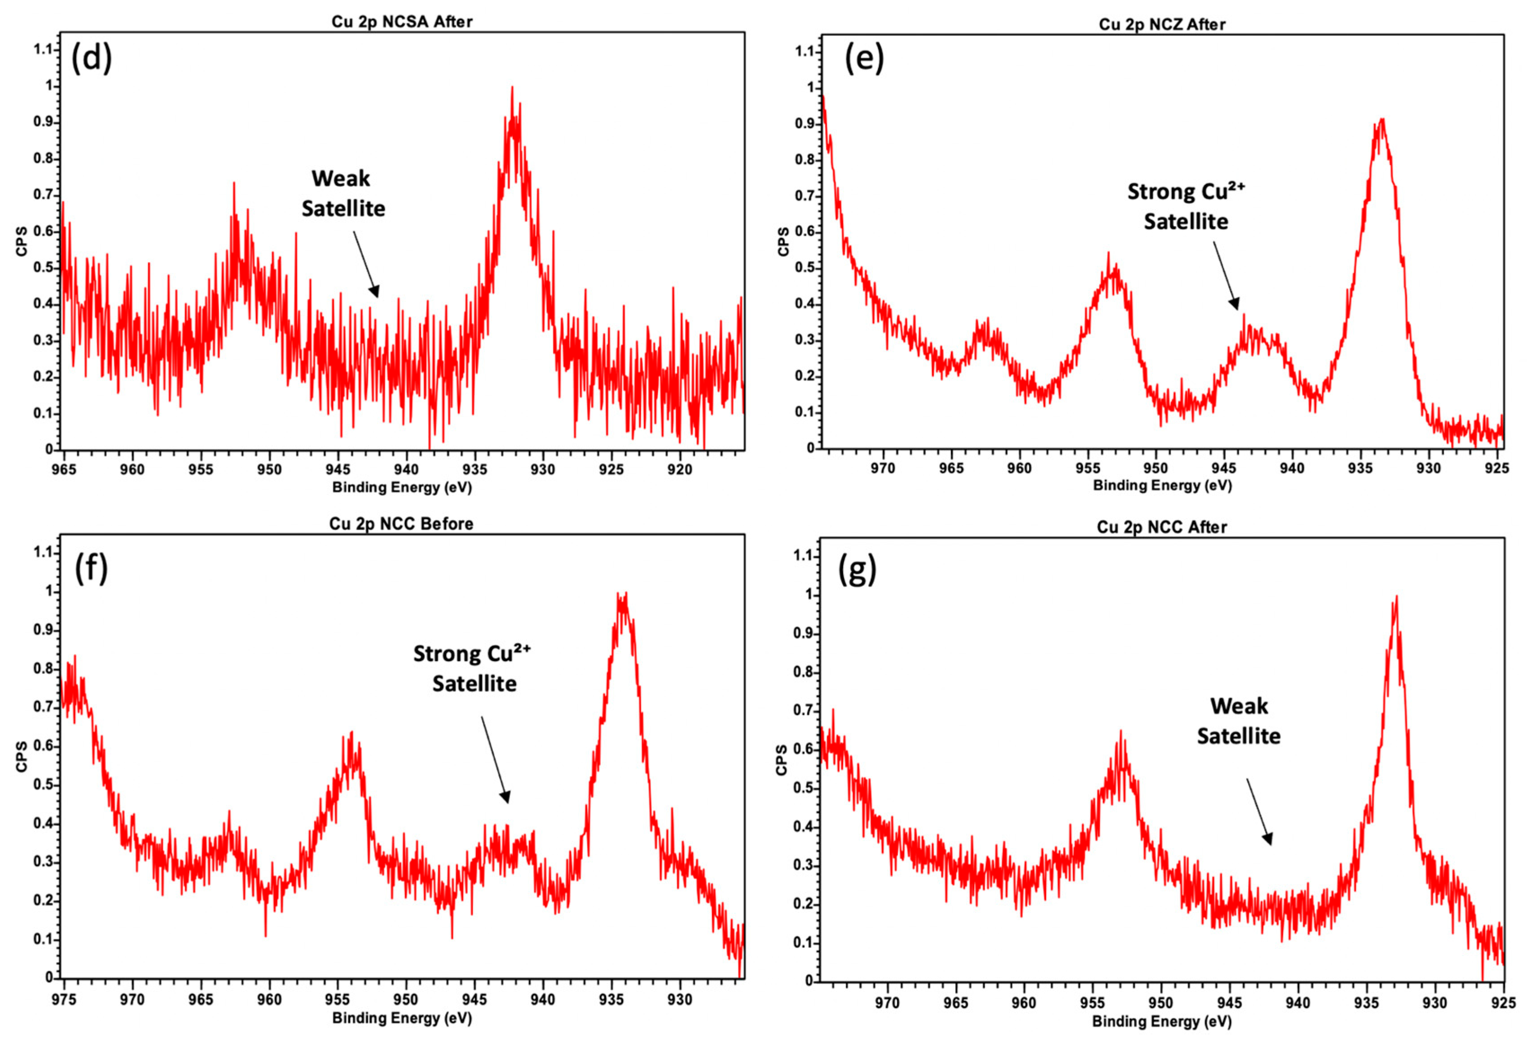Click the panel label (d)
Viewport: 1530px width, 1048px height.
coord(92,59)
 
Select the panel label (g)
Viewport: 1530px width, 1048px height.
coord(857,570)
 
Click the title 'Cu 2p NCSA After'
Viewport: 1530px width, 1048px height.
coord(402,22)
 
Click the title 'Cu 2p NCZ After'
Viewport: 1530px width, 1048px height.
coord(1162,24)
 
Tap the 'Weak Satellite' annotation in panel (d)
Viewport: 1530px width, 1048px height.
coord(343,193)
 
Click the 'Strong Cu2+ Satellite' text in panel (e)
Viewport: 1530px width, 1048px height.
coord(1186,206)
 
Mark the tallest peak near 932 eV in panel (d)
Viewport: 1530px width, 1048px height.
coord(511,89)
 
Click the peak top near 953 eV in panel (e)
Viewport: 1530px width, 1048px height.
coord(1108,255)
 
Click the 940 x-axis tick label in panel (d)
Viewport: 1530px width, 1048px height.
coord(406,470)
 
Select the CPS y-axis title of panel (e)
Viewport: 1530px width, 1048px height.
coord(783,241)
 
